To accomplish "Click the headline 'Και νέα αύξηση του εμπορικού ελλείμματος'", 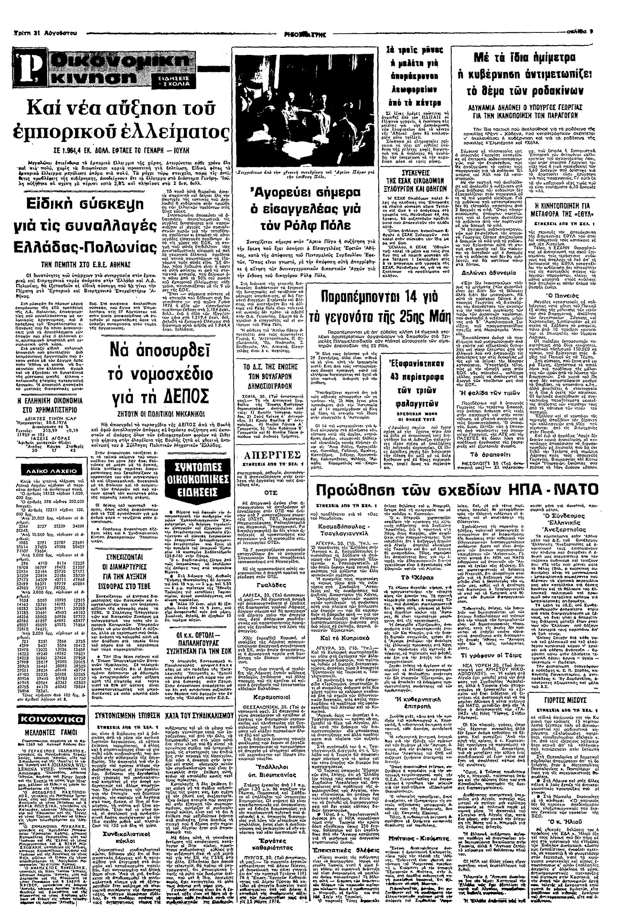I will tap(118, 122).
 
